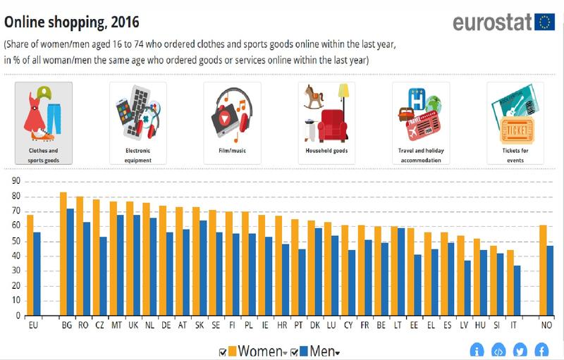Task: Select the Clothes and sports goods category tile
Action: [44, 123]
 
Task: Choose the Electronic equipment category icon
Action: [138, 112]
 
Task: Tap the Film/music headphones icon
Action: [232, 112]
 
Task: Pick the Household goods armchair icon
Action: [326, 112]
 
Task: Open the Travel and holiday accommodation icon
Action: [420, 112]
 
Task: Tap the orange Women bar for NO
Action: [543, 271]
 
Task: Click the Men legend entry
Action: [319, 351]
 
